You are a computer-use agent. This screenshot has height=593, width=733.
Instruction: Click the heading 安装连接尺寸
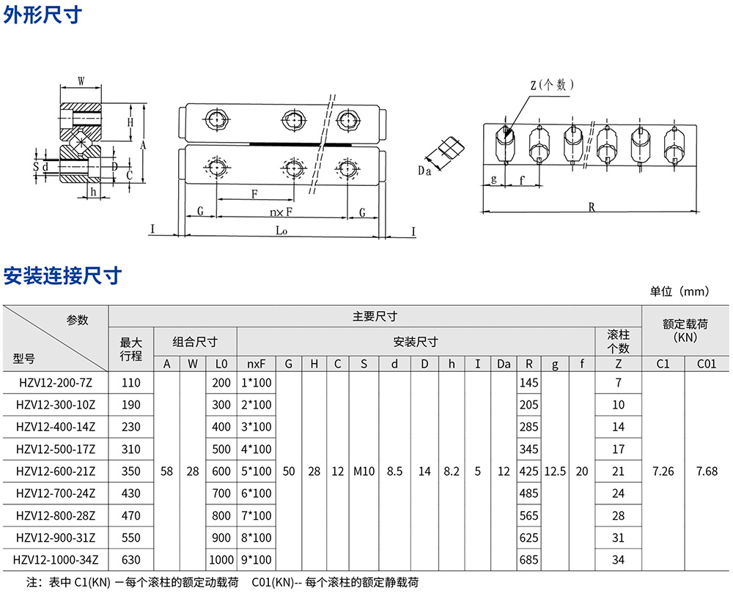tap(62, 277)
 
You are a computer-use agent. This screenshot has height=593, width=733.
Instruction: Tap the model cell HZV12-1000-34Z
tap(56, 560)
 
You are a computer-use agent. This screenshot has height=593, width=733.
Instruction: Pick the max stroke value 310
tap(130, 449)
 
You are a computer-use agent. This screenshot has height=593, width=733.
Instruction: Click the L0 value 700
tap(221, 493)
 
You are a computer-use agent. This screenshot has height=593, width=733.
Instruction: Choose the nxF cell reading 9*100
tap(256, 560)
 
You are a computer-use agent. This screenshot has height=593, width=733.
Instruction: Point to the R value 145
tap(528, 383)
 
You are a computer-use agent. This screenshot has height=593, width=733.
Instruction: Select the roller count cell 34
tap(618, 560)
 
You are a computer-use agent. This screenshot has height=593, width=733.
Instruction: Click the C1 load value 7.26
tap(663, 471)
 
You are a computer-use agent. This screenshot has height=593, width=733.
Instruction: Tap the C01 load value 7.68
tap(707, 471)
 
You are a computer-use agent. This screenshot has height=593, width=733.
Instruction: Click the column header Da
tap(503, 364)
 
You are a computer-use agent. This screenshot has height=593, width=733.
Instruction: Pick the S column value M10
tap(364, 471)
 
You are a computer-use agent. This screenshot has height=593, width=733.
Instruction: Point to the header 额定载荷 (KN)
tap(685, 330)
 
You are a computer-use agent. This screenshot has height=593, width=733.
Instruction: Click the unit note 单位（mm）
tap(679, 291)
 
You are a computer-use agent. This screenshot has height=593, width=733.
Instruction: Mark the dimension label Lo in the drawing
tap(281, 229)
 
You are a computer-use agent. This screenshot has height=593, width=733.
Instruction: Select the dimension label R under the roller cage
tap(592, 207)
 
